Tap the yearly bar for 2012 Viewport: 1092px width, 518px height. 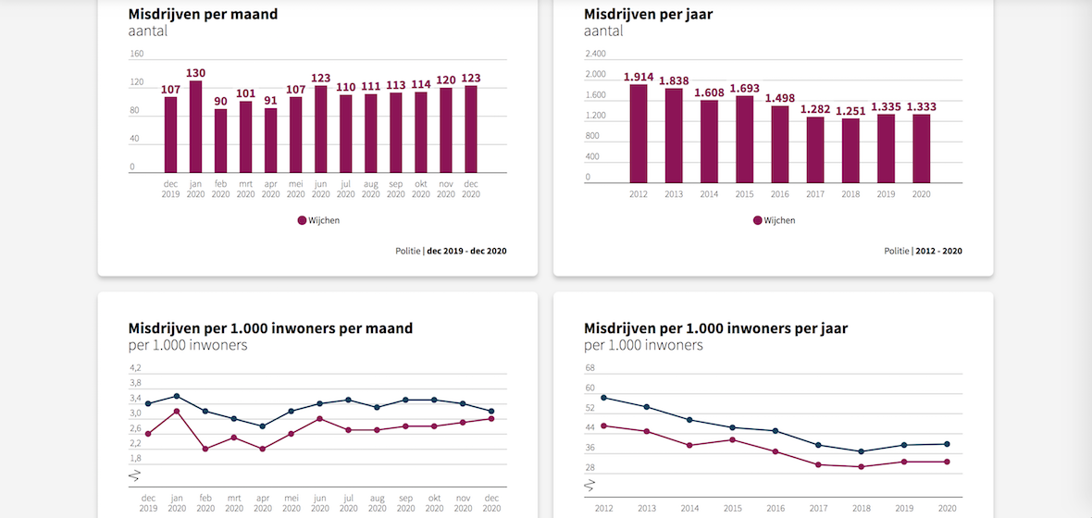point(639,133)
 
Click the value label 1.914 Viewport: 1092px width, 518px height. point(639,76)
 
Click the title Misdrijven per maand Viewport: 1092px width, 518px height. point(203,14)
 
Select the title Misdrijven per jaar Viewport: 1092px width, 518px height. point(648,14)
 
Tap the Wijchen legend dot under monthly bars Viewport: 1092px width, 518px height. point(302,220)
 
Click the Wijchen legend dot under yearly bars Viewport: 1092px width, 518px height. point(757,220)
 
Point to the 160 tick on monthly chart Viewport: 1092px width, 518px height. point(137,54)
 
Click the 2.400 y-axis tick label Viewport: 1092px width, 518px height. point(595,54)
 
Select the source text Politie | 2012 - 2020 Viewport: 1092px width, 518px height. point(923,251)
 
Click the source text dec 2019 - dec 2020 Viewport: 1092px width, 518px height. point(466,251)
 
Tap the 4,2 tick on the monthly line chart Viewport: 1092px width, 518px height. point(135,368)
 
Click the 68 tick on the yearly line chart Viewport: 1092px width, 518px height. point(590,368)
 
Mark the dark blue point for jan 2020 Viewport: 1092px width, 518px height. point(177,396)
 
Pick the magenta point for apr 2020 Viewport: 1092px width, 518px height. point(263,449)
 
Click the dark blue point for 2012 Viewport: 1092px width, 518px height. point(603,398)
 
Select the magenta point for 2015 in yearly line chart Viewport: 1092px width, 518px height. point(732,439)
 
